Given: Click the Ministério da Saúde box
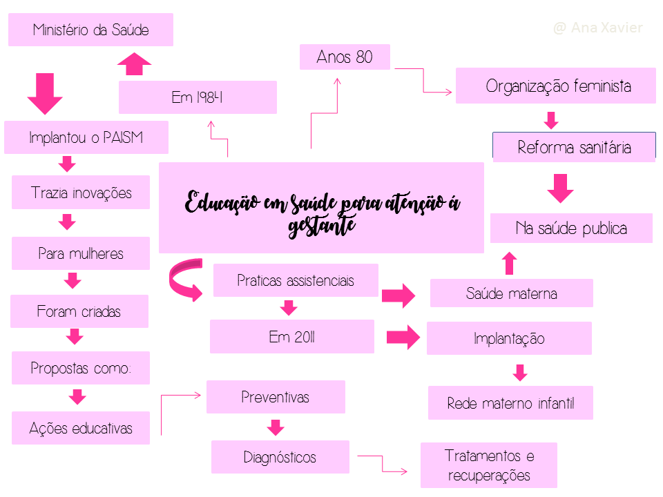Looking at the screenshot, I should (x=90, y=30).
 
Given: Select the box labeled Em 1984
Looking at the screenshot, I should (x=198, y=97).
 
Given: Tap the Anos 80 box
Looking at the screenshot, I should (x=345, y=57).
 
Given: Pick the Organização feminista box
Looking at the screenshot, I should (x=555, y=86).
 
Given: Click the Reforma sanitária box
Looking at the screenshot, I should (x=574, y=147).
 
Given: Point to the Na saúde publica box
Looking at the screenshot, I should (x=571, y=228).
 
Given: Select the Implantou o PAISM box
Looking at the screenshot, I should (x=86, y=137).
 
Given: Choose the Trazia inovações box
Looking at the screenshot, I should (x=81, y=193).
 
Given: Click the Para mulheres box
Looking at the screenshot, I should (x=81, y=253).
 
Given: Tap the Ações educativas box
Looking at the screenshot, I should (x=81, y=428).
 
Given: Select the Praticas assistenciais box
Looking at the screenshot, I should (x=296, y=280).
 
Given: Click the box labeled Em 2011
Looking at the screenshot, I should (x=291, y=337).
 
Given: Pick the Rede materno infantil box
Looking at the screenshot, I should (x=510, y=403).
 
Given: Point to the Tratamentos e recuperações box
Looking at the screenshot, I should (x=489, y=465).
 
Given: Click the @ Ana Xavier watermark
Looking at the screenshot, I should (x=598, y=28).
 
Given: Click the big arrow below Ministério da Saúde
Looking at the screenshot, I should (x=45, y=93).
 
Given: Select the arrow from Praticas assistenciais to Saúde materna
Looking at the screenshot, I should (x=398, y=296).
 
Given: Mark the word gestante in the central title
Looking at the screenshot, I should (x=322, y=225).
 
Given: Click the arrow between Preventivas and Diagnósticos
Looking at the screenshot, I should (x=276, y=427).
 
